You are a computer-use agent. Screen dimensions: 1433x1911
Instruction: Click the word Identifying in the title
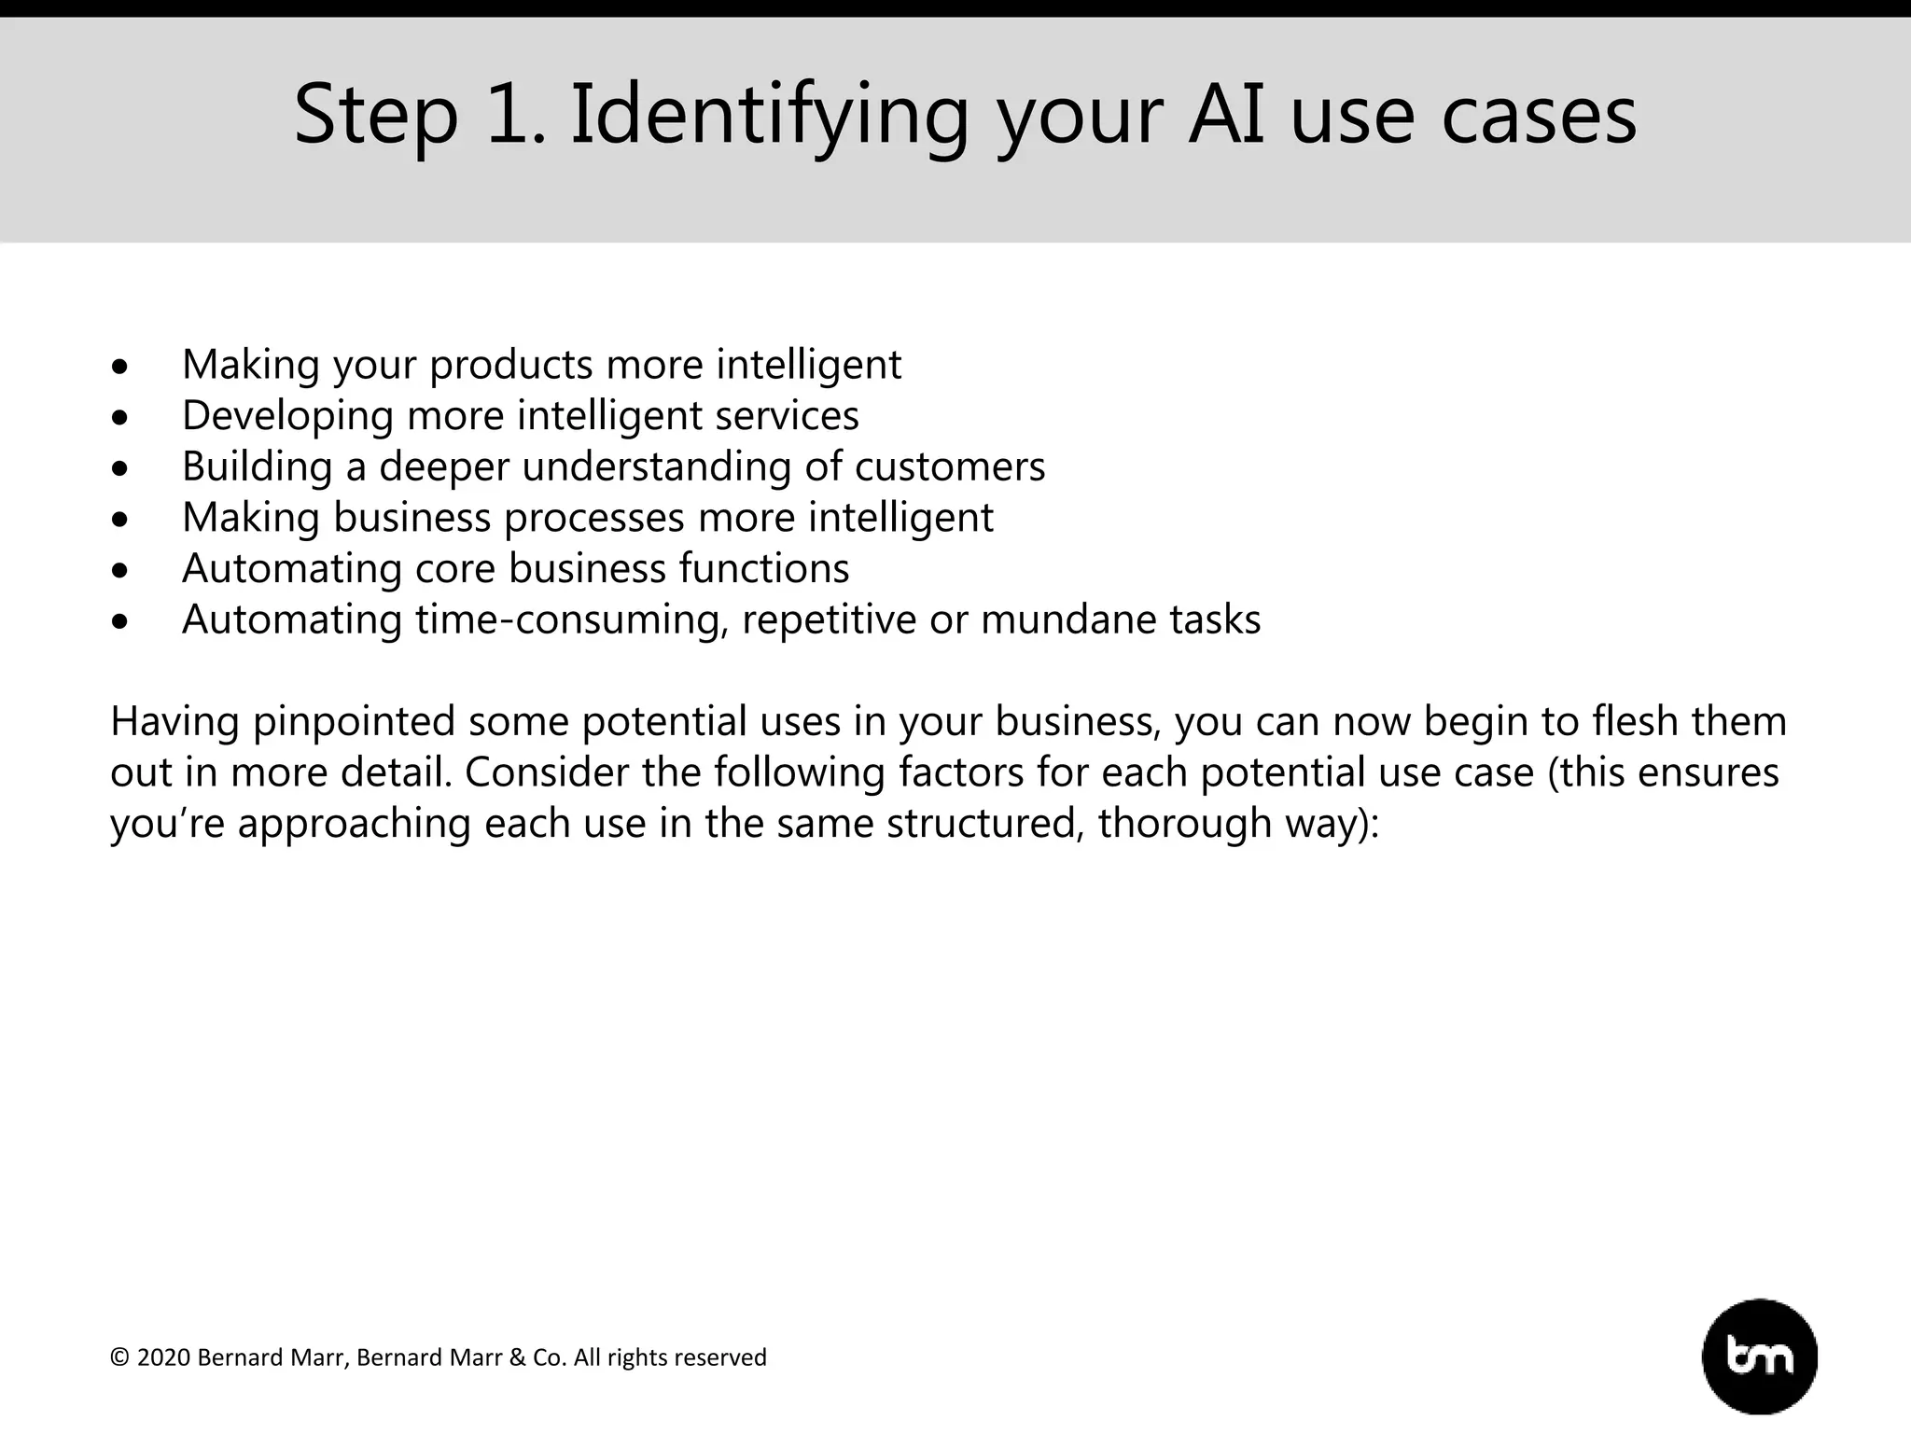770,115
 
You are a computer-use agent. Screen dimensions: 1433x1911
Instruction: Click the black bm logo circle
1760,1356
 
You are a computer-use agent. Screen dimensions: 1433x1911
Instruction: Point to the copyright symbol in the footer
119,1357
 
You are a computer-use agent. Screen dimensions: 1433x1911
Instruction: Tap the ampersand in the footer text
517,1357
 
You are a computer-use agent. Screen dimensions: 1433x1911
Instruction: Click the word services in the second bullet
787,415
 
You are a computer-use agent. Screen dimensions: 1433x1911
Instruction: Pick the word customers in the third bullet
950,466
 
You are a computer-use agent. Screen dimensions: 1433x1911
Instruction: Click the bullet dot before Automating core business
119,572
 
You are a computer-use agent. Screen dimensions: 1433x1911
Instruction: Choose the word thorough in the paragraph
1180,824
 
